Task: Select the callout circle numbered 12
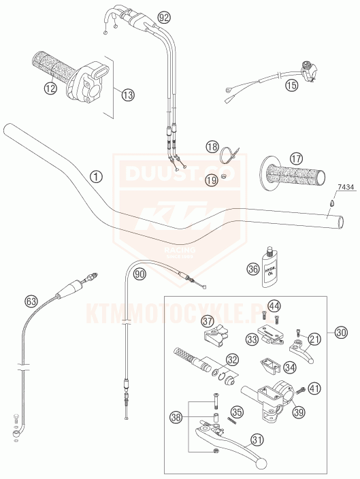[x=50, y=86]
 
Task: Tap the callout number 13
[x=128, y=95]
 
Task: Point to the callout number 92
[x=163, y=16]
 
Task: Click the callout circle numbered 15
[x=291, y=86]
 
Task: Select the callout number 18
[x=212, y=146]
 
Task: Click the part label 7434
[x=345, y=186]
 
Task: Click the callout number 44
[x=274, y=306]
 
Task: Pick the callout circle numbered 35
[x=237, y=412]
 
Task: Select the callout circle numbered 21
[x=314, y=340]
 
